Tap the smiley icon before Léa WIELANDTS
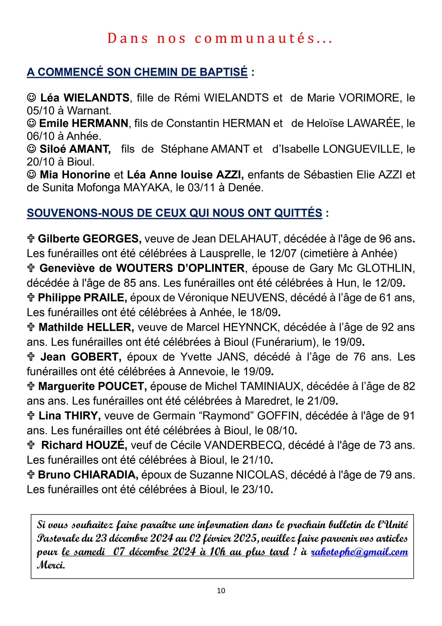(x=32, y=97)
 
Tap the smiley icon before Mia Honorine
(x=32, y=175)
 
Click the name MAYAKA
(x=147, y=188)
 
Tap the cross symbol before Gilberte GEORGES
(x=31, y=239)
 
